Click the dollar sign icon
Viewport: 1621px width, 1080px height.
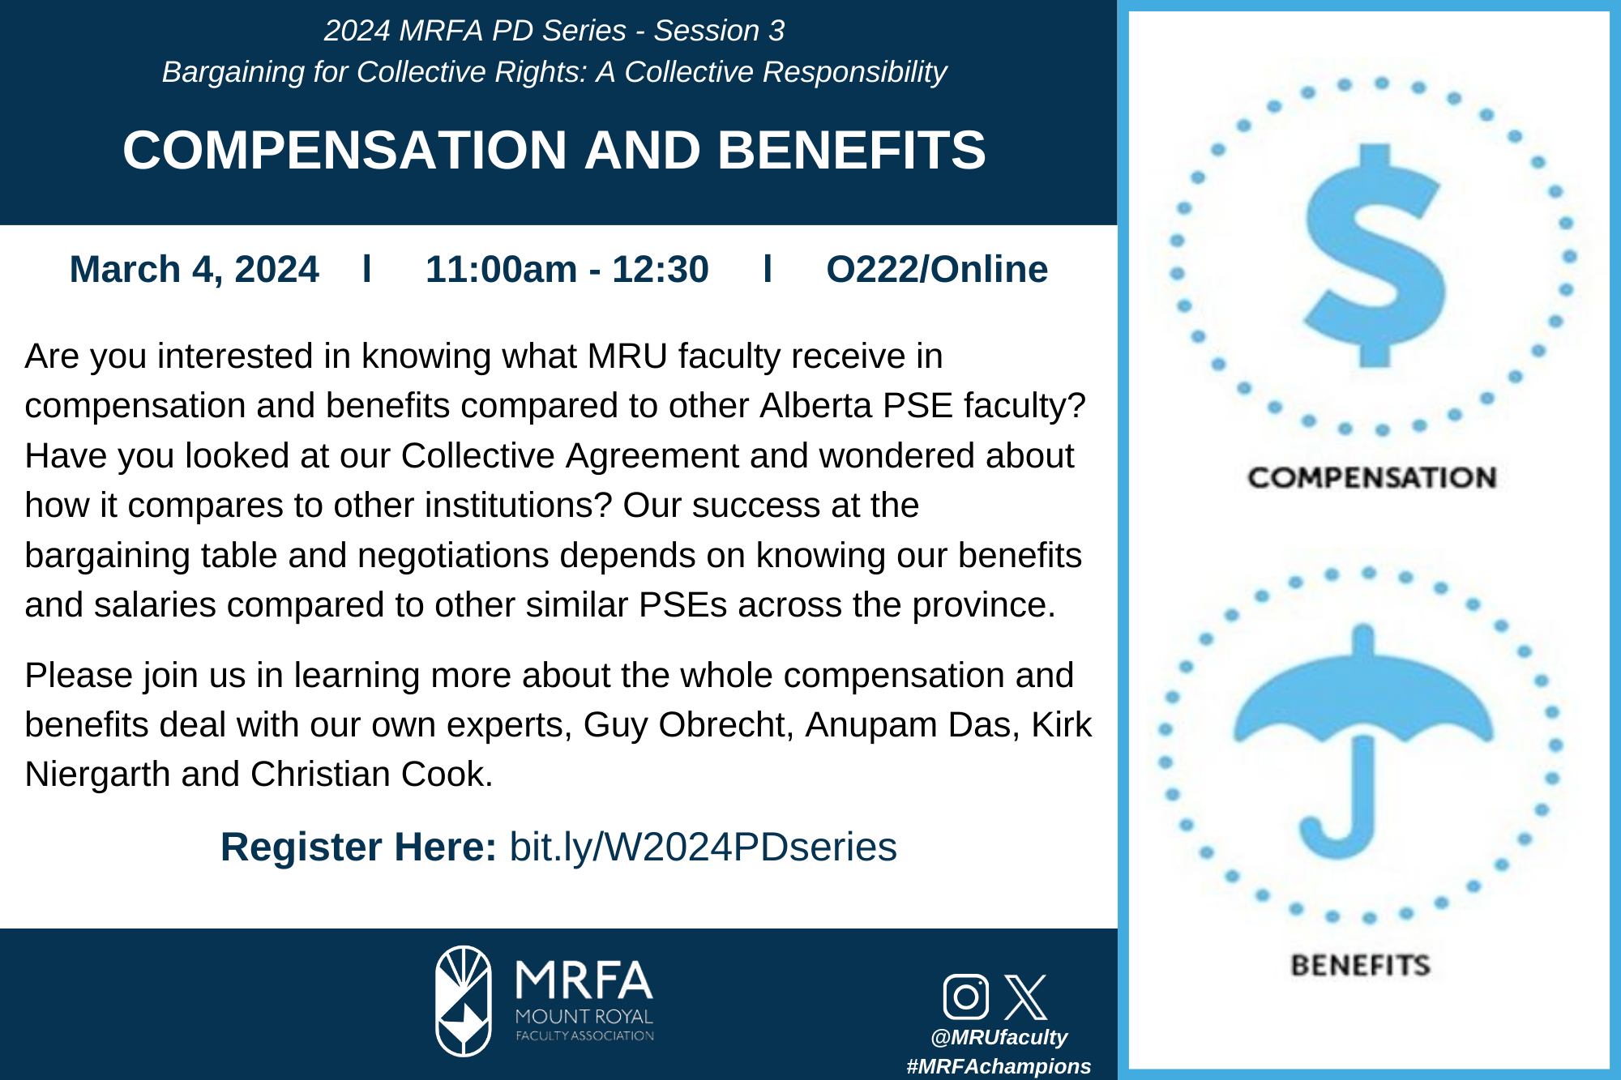pyautogui.click(x=1375, y=255)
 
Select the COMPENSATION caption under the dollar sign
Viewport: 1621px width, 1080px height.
pyautogui.click(x=1371, y=478)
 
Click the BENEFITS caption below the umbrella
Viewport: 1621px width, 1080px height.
pyautogui.click(x=1361, y=965)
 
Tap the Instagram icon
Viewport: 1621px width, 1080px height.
pyautogui.click(x=966, y=997)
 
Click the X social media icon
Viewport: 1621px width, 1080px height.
pyautogui.click(x=1026, y=997)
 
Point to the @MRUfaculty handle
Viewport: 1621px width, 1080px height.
pyautogui.click(x=999, y=1037)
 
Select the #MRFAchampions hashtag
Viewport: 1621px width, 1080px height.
pyautogui.click(x=999, y=1066)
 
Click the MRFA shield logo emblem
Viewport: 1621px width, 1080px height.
pyautogui.click(x=464, y=1001)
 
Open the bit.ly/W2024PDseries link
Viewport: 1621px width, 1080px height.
pyautogui.click(x=703, y=847)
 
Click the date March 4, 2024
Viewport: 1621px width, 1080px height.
pyautogui.click(x=195, y=270)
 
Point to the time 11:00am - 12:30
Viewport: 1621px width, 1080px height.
pyautogui.click(x=567, y=270)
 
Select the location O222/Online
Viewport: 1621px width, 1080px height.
pyautogui.click(x=937, y=269)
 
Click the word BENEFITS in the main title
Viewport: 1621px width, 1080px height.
pyautogui.click(x=851, y=151)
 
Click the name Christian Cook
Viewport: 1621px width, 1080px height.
pyautogui.click(x=372, y=775)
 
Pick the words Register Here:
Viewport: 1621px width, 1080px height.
pyautogui.click(x=358, y=847)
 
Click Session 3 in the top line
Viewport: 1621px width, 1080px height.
pyautogui.click(x=720, y=31)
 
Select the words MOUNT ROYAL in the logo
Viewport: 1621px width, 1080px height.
pyautogui.click(x=584, y=1017)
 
